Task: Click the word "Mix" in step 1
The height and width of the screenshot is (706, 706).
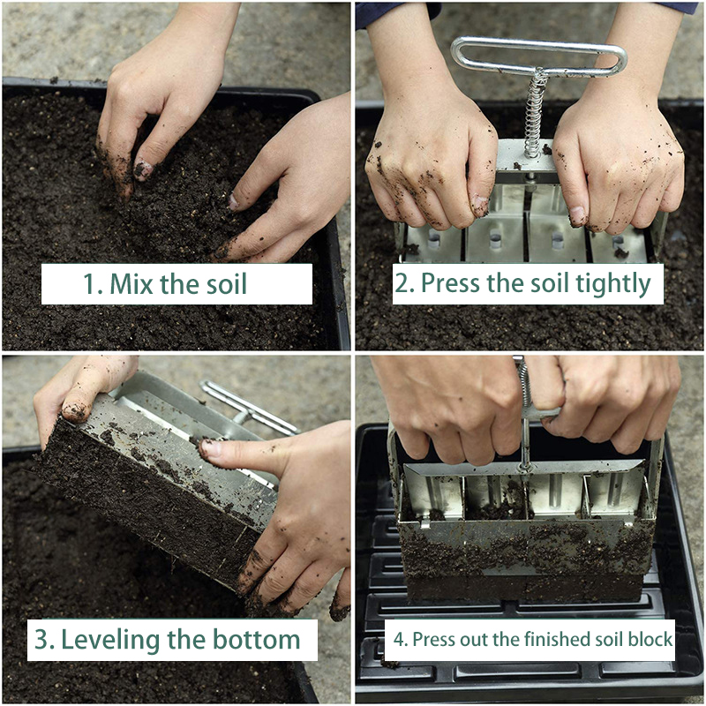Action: click(x=129, y=284)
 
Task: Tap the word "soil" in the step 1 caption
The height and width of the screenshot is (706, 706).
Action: click(x=224, y=284)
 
